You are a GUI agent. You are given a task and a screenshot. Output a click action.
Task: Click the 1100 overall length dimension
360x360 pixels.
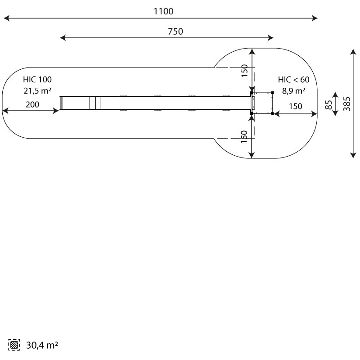[163, 11]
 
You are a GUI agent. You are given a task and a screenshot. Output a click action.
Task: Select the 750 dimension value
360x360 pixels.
[175, 31]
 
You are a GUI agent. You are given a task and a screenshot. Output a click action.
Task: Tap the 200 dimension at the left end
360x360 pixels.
[32, 104]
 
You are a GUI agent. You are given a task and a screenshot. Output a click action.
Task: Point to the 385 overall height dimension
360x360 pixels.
[347, 104]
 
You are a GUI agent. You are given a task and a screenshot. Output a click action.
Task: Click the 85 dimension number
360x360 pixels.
[328, 105]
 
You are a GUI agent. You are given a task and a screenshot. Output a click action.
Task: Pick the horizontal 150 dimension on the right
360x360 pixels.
[296, 106]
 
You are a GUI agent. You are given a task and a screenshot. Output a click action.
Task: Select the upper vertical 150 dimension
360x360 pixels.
[244, 71]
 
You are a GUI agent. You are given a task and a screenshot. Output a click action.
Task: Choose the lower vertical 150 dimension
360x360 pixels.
[244, 137]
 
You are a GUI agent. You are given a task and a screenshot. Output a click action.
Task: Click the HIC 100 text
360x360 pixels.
[37, 80]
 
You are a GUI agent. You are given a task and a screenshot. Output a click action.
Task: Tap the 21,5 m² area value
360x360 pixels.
[37, 91]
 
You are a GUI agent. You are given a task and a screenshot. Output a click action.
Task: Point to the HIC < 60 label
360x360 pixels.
[294, 80]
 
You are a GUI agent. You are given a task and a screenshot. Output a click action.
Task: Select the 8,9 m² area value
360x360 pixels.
[294, 91]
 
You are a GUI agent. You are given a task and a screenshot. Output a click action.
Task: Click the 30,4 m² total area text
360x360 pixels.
[42, 345]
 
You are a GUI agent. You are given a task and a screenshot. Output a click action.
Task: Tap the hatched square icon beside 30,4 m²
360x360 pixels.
[14, 345]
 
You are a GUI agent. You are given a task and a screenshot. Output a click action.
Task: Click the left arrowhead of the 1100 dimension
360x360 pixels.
[6, 18]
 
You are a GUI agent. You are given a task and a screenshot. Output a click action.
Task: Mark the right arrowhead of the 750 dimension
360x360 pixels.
[270, 38]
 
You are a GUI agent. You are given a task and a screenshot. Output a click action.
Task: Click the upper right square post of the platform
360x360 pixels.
[273, 93]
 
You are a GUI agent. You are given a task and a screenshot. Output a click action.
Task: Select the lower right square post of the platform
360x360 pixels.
[273, 113]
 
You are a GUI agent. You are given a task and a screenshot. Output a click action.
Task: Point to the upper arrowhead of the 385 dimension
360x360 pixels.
[353, 52]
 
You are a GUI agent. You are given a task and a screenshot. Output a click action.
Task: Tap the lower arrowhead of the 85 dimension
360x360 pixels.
[335, 113]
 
